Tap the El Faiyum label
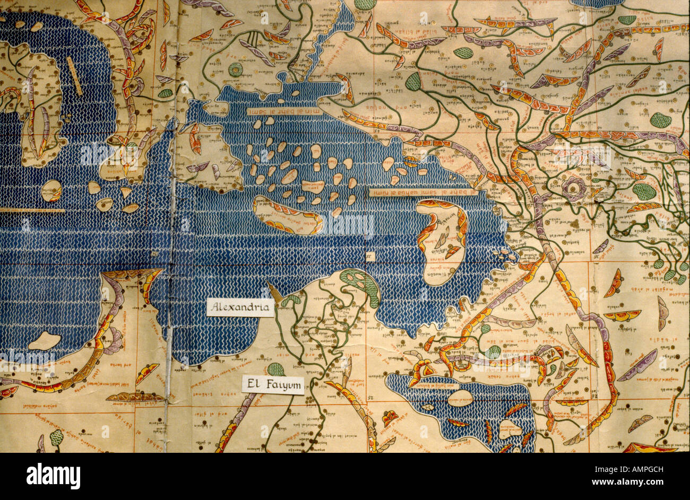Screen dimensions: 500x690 (273, 385)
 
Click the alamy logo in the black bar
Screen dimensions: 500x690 (53, 476)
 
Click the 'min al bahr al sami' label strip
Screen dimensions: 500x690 (284, 111)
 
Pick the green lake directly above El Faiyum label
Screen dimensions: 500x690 (275, 369)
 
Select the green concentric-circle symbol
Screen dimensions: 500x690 (235, 69)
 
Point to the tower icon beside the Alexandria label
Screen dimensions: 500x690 (275, 293)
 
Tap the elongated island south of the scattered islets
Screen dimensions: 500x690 (287, 215)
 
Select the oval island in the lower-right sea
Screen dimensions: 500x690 (460, 398)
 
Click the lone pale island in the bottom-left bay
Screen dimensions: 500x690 (45, 340)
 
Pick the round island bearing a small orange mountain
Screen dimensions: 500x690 (51, 191)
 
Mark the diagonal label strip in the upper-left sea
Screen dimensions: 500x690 (74, 76)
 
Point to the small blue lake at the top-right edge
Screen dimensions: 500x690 (597, 3)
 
